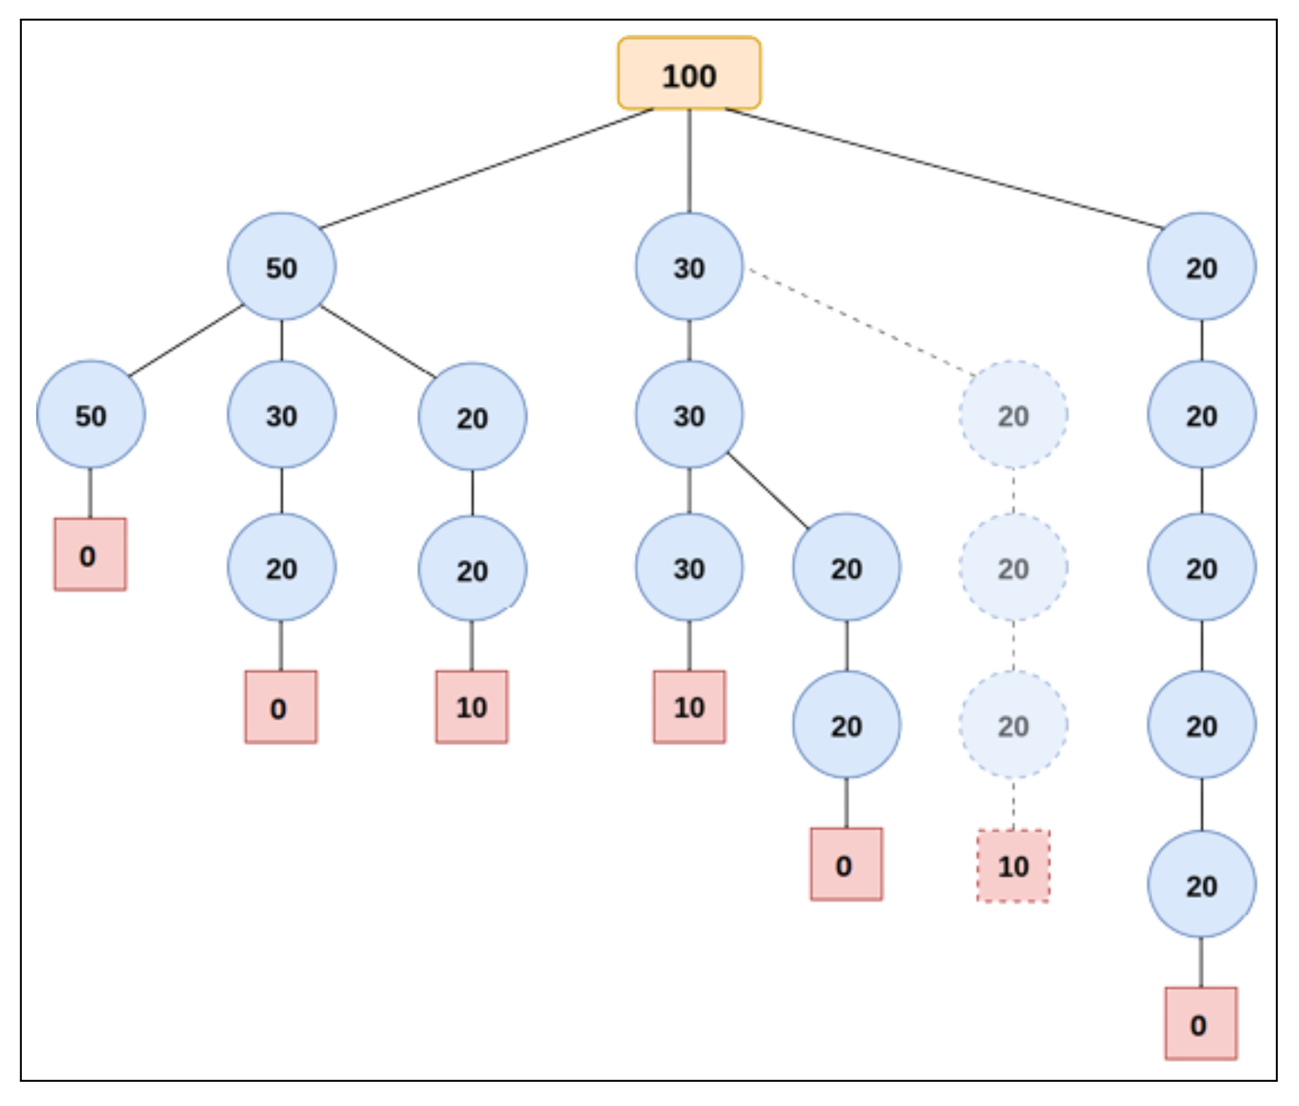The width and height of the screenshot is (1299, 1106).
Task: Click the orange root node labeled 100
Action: point(689,73)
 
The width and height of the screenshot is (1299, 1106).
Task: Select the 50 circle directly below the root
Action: point(282,267)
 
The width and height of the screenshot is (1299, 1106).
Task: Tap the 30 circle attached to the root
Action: point(689,267)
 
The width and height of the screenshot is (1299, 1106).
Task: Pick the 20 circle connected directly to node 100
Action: point(1201,267)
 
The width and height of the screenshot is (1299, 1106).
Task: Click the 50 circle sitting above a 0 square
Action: point(91,414)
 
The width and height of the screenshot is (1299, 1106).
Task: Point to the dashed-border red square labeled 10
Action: point(1013,866)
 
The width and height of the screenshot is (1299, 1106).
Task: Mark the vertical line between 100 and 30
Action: point(689,161)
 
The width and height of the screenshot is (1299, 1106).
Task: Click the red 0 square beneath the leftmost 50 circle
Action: point(90,554)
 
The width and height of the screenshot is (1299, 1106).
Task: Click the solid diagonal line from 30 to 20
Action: point(767,490)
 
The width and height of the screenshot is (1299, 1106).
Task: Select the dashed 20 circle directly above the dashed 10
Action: point(1013,725)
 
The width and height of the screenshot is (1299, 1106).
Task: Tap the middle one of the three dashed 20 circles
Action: point(1013,567)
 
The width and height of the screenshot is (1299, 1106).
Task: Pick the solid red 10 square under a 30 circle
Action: point(689,707)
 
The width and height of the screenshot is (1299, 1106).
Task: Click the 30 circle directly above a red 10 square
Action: point(689,567)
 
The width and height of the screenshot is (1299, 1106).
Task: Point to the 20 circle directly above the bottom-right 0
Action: point(1201,884)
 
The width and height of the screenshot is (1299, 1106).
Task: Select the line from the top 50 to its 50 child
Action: point(186,341)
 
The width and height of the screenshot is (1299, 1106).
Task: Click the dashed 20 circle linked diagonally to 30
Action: point(1013,414)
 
